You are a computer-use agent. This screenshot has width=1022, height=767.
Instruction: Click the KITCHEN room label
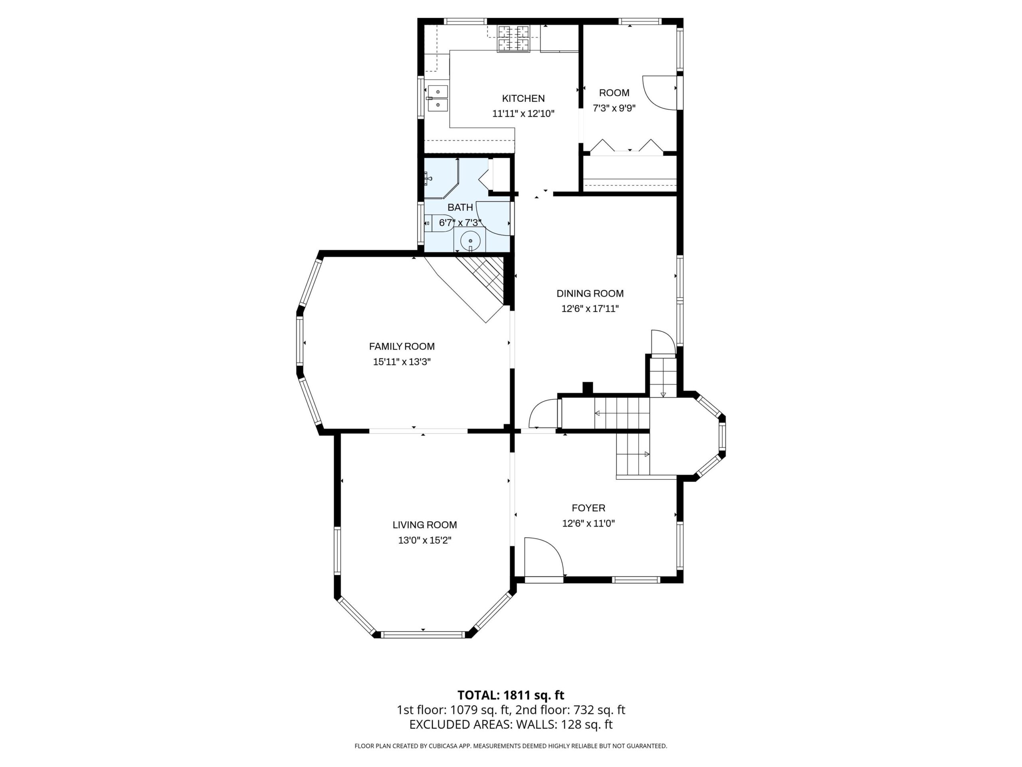(523, 99)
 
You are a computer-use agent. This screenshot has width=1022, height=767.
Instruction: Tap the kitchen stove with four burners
(513, 38)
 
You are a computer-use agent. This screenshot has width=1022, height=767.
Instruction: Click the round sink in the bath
(470, 240)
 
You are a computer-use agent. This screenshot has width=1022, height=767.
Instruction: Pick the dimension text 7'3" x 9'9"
(614, 108)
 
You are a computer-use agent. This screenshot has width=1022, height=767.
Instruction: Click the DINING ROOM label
(590, 293)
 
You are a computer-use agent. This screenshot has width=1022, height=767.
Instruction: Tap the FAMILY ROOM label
(402, 346)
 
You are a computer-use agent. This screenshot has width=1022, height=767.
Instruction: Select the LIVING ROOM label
(425, 525)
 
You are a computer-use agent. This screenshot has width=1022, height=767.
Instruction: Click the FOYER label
(588, 508)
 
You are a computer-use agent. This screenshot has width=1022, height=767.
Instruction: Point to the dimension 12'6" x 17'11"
(590, 309)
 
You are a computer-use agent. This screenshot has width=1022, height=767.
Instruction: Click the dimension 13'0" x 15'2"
(425, 540)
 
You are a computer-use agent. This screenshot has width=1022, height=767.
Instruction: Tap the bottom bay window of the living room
(423, 635)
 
